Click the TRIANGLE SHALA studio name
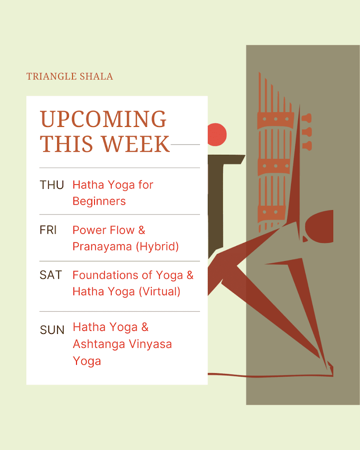pos(69,76)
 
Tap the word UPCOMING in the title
pos(103,120)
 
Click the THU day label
pos(52,185)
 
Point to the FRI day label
pos(48,230)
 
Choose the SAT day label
pos(51,275)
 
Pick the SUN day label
pos(52,330)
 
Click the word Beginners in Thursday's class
pos(99,201)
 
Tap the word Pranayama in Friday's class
pos(102,247)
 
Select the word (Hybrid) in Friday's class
pos(157,247)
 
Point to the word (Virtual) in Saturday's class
pos(159,291)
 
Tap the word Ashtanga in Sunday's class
pos(95,345)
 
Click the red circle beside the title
pos(217,134)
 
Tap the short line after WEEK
pos(185,144)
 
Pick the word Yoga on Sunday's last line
pos(87,361)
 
